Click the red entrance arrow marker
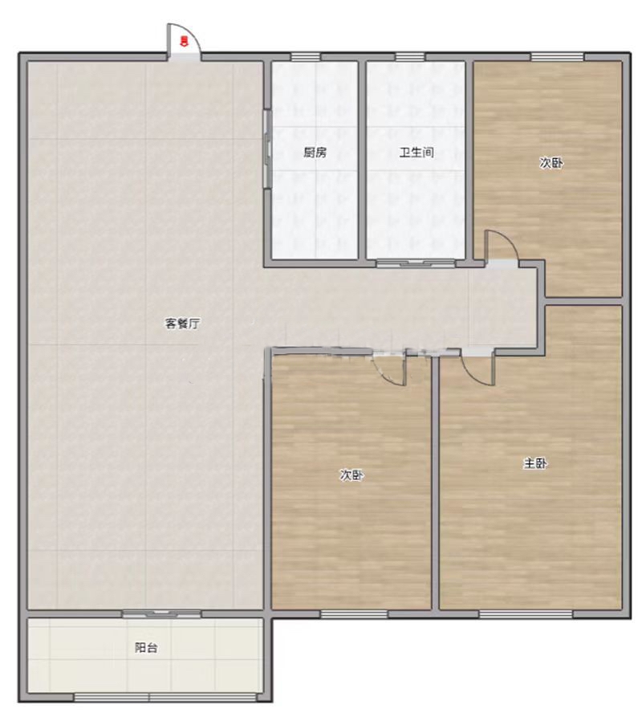point(184,41)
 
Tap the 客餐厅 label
point(182,324)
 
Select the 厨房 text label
point(315,153)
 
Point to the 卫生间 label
point(416,153)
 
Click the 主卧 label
point(535,463)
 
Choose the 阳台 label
point(146,647)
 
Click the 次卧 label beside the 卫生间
point(551,163)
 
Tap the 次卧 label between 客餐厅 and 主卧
point(351,475)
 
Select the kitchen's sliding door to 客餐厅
point(267,149)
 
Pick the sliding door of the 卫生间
point(416,263)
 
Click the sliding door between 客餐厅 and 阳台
point(161,613)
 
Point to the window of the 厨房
point(306,57)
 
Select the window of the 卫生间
point(410,57)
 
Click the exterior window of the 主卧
point(526,613)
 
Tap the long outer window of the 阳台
point(165,697)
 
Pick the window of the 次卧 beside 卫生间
point(557,57)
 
